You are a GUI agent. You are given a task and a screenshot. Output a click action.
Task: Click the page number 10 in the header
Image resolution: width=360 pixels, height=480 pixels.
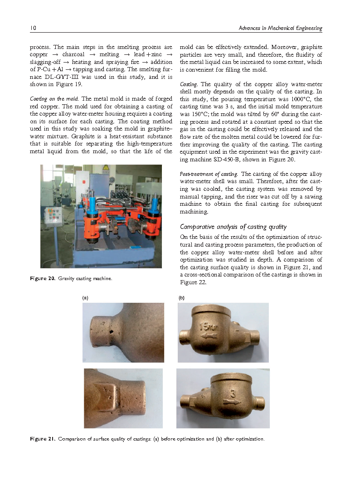point(33,28)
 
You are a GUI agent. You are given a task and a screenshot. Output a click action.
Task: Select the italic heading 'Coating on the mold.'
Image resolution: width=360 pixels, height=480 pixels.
point(54,99)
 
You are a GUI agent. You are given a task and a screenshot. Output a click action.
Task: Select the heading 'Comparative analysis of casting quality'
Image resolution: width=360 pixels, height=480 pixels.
point(233,227)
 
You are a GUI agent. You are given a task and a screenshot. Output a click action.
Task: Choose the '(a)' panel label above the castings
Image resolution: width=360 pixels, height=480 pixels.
point(84,298)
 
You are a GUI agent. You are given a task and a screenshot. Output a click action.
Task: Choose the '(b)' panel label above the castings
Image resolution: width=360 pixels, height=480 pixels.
point(181,298)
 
